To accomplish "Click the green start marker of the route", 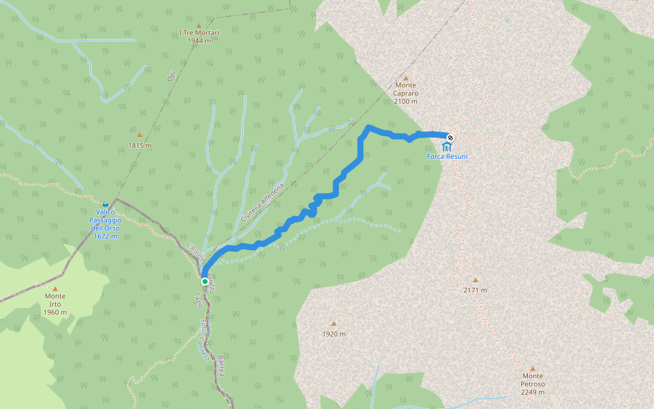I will pyautogui.click(x=204, y=281).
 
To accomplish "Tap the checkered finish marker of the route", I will pyautogui.click(x=450, y=138).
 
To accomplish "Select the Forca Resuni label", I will pyautogui.click(x=447, y=157).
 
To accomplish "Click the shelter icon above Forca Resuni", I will pyautogui.click(x=446, y=147).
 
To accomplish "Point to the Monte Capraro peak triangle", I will pyautogui.click(x=406, y=78).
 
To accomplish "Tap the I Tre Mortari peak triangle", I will pyautogui.click(x=199, y=24).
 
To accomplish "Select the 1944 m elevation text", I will pyautogui.click(x=199, y=40).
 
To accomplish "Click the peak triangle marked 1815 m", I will pyautogui.click(x=140, y=135).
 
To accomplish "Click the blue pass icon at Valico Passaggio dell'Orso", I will pyautogui.click(x=106, y=204).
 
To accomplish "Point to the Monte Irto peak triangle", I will pyautogui.click(x=55, y=288).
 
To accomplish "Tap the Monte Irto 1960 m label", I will pyautogui.click(x=55, y=304).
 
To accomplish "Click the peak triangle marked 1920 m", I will pyautogui.click(x=334, y=324).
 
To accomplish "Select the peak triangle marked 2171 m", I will pyautogui.click(x=476, y=279).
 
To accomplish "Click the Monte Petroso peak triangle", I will pyautogui.click(x=533, y=368).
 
